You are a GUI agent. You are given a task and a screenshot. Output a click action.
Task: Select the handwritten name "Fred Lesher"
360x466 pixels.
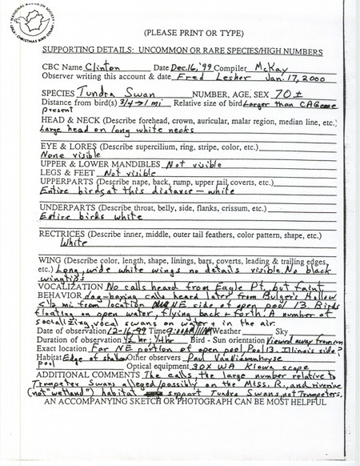point(195,79)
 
